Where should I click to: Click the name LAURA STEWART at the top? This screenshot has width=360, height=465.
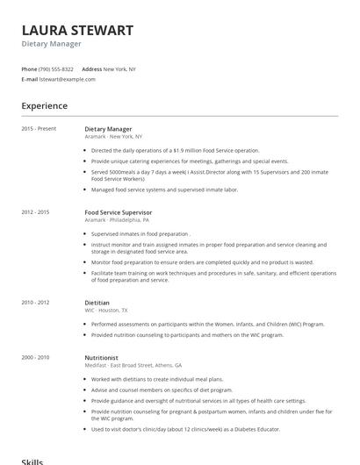pos(77,31)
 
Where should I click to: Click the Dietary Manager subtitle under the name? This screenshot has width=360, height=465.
pos(51,44)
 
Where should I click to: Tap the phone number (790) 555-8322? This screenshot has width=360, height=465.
pos(57,68)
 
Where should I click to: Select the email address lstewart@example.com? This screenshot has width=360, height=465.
pos(68,79)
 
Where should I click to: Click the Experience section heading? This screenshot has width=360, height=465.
pos(44,106)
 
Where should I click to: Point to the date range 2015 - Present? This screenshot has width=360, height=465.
pos(39,129)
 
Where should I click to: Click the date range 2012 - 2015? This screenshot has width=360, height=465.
pos(35,212)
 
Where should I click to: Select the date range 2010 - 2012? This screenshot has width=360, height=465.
pos(35,303)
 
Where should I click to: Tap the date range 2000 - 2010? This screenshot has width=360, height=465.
pos(35,357)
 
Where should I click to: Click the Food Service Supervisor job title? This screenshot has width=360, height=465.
pos(119,212)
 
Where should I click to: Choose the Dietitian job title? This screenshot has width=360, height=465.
pos(97,303)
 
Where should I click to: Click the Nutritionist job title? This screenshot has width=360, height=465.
pos(102,357)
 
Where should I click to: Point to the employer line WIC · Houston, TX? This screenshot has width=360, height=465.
pos(106,311)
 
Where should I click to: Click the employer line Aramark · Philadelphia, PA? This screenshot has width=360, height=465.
pos(117,220)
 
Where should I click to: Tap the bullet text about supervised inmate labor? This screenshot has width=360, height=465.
pos(164,190)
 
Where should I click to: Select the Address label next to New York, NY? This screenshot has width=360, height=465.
pos(91,68)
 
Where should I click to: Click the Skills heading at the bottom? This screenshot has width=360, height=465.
pos(32,461)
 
